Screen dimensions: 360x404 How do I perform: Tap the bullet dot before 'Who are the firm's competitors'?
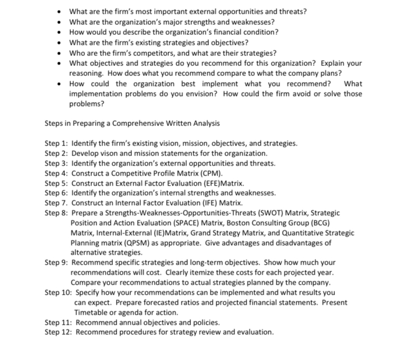pyautogui.click(x=62, y=53)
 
